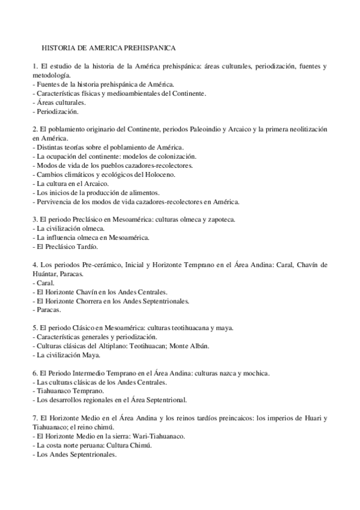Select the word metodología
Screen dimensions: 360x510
coord(51,75)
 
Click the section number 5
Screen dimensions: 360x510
coord(35,328)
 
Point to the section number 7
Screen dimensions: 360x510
coord(35,418)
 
